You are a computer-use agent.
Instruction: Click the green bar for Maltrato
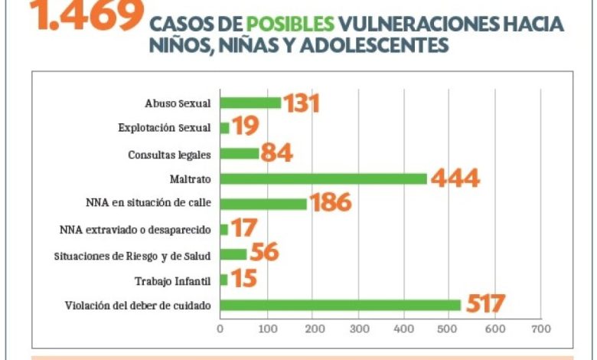tap(323, 178)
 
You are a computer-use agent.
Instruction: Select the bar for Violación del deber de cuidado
tap(340, 305)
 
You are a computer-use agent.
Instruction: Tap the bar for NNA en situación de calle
tap(263, 204)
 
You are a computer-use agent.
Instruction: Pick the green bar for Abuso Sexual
tap(250, 103)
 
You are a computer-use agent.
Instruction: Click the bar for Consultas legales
tap(239, 153)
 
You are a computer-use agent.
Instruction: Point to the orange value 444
tap(455, 178)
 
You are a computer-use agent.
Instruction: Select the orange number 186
tap(330, 203)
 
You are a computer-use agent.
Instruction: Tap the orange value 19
tap(246, 127)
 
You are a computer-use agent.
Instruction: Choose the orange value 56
tap(264, 254)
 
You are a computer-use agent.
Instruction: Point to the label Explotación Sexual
tap(165, 129)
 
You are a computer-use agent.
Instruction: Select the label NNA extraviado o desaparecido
tap(135, 230)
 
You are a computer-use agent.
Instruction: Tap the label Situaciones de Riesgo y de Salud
tap(132, 255)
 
